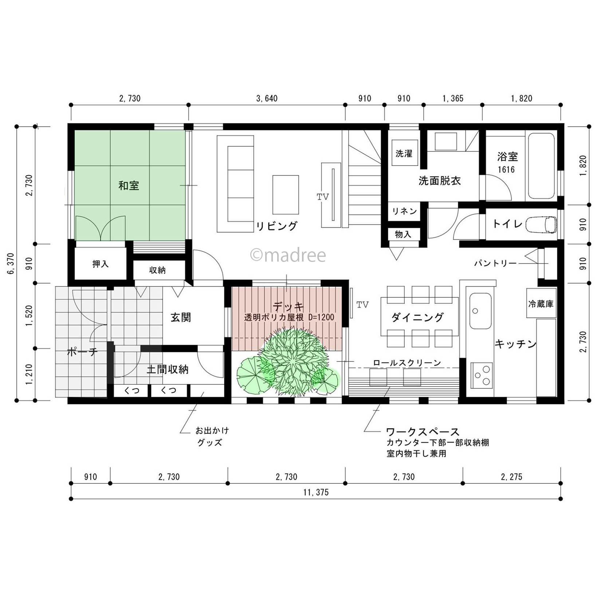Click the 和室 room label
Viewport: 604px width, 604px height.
pos(129,186)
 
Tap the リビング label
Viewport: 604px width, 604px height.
pos(277,226)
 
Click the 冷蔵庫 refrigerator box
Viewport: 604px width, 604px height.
pos(541,303)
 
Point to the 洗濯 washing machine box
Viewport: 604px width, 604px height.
pos(404,153)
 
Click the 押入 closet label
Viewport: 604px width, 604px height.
pos(100,264)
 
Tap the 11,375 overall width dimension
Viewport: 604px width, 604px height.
pos(316,493)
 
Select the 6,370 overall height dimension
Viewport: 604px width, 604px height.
pos(11,263)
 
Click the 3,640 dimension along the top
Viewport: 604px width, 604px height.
pos(267,98)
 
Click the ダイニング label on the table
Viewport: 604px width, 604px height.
pos(417,317)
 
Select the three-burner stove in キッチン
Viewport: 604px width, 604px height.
pos(481,375)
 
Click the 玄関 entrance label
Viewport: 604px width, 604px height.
pos(181,317)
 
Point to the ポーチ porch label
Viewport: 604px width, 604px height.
pos(82,352)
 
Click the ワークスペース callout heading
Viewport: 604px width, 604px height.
pos(423,432)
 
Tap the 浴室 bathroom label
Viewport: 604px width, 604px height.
pos(507,157)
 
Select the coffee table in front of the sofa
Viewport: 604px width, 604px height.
pos(286,195)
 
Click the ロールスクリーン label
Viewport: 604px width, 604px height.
pos(407,363)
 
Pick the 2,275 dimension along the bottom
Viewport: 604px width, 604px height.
pos(511,477)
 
